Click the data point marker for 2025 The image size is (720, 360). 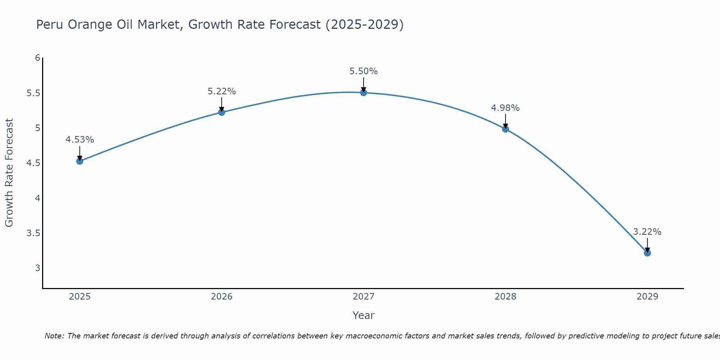coord(80,161)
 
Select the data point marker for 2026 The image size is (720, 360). coord(221,112)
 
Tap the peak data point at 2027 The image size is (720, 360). coord(363,93)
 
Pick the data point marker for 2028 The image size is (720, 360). coord(505,129)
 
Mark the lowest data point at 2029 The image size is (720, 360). coord(647,253)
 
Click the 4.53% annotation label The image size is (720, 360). coord(80,140)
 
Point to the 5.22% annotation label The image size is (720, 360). coord(221,91)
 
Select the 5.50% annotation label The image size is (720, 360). coord(363,71)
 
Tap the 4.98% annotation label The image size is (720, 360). coord(505,108)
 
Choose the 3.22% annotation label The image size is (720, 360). coord(647,232)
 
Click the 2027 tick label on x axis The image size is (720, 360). coord(363,297)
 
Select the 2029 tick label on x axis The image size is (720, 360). coord(647,297)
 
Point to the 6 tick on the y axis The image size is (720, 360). coord(37,58)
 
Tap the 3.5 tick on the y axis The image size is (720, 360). coord(33,233)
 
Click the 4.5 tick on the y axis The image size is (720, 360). coord(33,163)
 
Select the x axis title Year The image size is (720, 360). coord(363,315)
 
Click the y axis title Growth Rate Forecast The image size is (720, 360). coord(9,172)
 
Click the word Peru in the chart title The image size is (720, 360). coord(50,25)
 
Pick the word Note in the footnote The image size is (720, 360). coord(54,336)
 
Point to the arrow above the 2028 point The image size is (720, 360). coord(505,121)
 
